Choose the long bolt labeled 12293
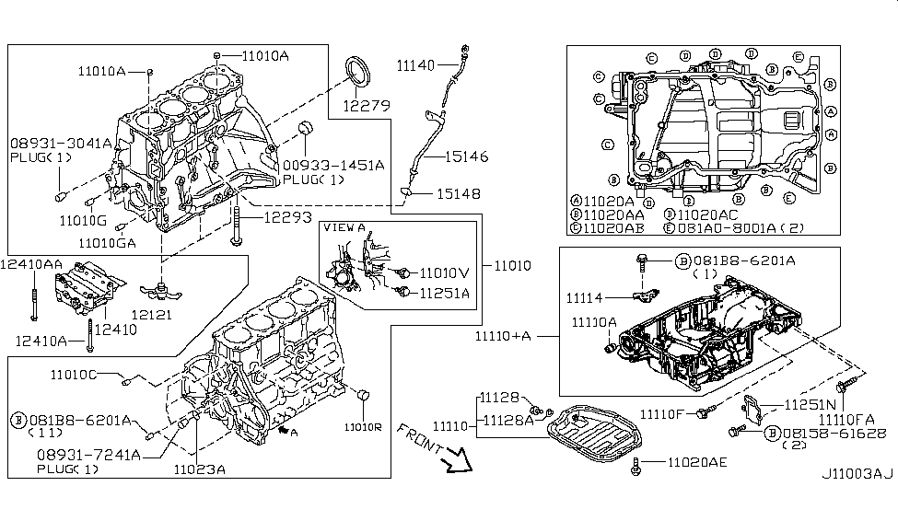[239, 226]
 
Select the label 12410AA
[32, 263]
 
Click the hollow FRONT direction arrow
[452, 458]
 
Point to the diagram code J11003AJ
[857, 475]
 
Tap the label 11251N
[808, 404]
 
